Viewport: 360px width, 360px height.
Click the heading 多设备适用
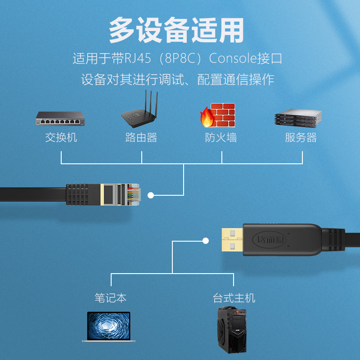[x=177, y=31]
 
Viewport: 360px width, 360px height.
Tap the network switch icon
[x=61, y=119]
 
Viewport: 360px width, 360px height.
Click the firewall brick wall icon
[x=218, y=116]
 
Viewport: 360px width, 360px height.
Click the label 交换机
[x=61, y=137]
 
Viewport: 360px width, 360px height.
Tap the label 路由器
[x=141, y=137]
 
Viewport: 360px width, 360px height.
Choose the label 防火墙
[x=221, y=137]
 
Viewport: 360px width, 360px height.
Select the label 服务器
[x=301, y=137]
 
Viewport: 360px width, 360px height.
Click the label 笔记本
[x=110, y=297]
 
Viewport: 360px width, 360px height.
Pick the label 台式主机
[x=234, y=297]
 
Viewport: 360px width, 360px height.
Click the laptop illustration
[x=108, y=327]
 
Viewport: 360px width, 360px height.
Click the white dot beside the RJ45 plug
[x=151, y=195]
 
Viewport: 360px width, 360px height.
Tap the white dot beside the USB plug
[x=206, y=241]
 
